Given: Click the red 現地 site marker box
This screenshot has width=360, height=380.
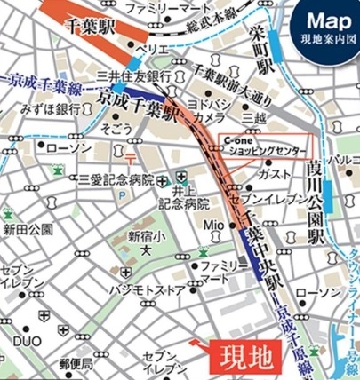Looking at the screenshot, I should click(x=241, y=360).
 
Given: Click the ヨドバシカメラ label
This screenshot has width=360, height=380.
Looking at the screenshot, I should click(x=220, y=109).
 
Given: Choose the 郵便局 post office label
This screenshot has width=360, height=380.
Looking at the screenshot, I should click(x=76, y=364).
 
